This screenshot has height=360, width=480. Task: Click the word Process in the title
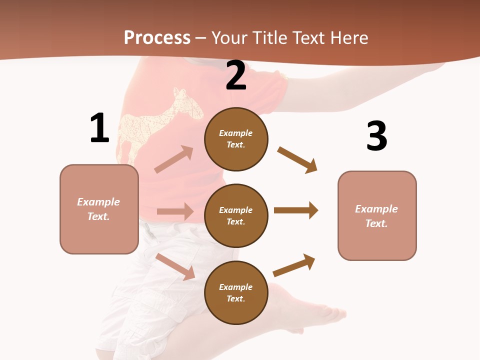pos(157,38)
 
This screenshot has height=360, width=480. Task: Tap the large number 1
pos(99,128)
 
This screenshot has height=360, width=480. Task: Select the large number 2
pos(236,75)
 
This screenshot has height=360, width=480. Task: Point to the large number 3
pos(377,136)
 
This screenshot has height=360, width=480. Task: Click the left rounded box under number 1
pos(99,209)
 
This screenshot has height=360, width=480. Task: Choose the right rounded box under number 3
pos(377,215)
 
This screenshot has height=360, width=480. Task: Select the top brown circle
pos(236,139)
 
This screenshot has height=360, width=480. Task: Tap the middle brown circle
pos(236,215)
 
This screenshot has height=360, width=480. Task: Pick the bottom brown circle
pos(236,292)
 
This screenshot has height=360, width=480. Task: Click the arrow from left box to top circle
pos(174,159)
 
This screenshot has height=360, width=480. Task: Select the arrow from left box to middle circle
pos(175,211)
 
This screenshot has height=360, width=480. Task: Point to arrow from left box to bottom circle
pos(175,266)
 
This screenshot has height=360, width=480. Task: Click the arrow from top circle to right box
pos(297,160)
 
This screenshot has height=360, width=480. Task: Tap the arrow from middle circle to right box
pos(296,210)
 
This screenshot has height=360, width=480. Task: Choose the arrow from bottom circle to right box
pos(294,265)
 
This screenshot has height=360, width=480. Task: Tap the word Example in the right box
pos(376,209)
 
